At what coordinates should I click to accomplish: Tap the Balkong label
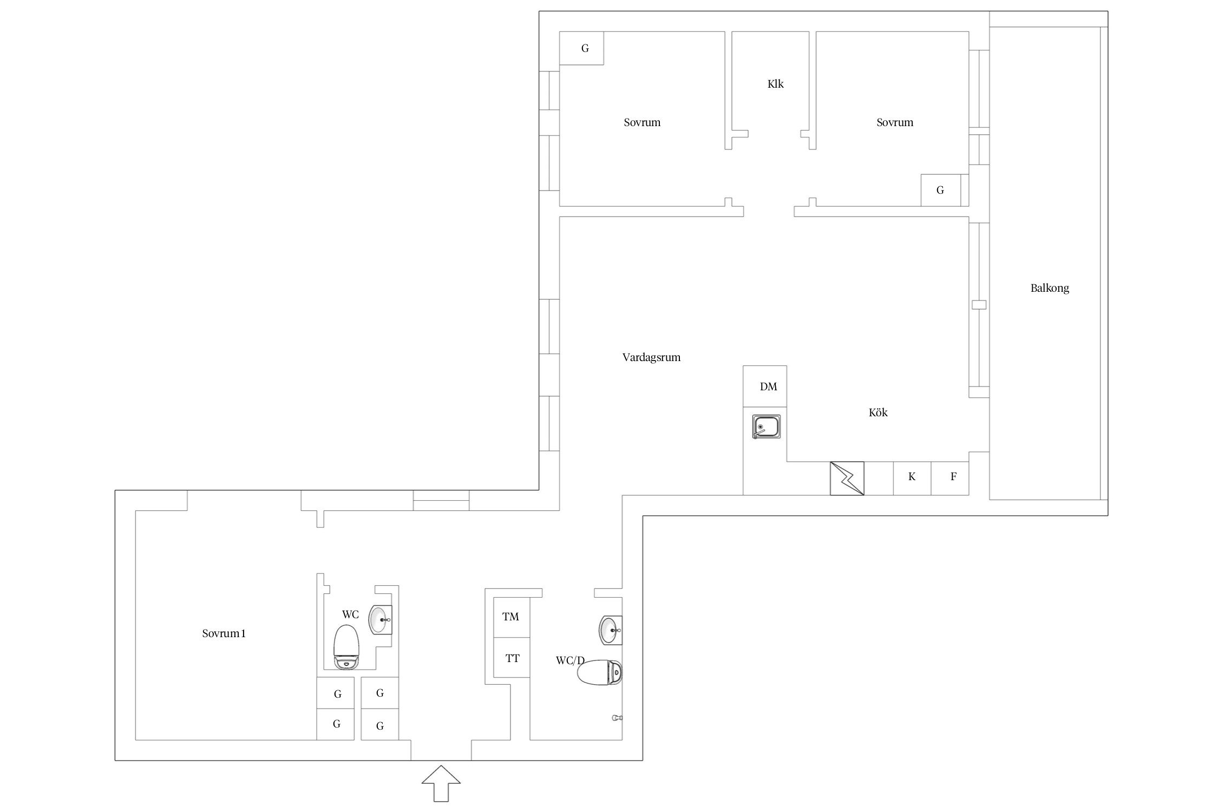[1050, 288]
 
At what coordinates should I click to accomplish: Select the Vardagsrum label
[651, 357]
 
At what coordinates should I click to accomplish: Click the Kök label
[878, 412]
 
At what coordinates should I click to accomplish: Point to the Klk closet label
[776, 84]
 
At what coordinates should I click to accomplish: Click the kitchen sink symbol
[767, 427]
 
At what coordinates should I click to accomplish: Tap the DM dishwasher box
[765, 386]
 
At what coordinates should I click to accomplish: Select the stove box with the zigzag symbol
[847, 478]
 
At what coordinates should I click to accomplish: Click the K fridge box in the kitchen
[912, 478]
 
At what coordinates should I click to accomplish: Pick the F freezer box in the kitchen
[950, 478]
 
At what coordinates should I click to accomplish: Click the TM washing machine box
[512, 617]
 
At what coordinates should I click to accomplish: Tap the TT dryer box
[512, 658]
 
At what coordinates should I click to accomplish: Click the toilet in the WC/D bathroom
[600, 672]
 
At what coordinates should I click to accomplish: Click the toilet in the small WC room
[346, 647]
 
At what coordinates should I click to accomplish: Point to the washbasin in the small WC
[381, 620]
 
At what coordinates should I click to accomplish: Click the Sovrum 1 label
[224, 633]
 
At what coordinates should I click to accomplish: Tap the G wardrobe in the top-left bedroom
[581, 48]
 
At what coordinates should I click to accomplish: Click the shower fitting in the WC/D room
[617, 718]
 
